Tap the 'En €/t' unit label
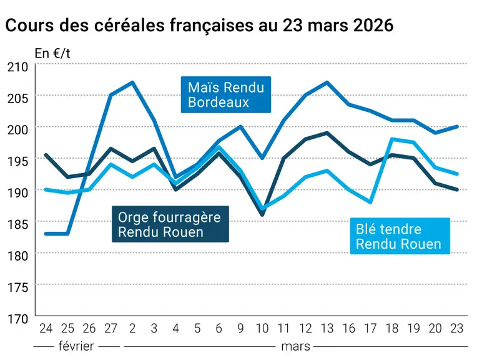tap(52, 54)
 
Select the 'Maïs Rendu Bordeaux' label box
tap(226, 94)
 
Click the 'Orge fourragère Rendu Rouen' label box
tap(170, 224)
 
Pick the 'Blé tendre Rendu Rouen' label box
tap(400, 236)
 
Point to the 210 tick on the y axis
tap(18, 67)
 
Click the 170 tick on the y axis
tap(18, 319)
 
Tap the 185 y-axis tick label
tap(18, 224)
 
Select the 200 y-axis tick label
tap(18, 129)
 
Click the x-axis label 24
tap(46, 329)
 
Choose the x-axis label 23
tap(457, 329)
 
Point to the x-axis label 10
tap(262, 329)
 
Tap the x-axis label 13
tap(327, 329)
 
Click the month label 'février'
tap(76, 346)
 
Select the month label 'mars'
tap(295, 346)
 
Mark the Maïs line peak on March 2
tap(132, 82)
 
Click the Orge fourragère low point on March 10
tap(262, 215)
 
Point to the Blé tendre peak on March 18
tap(392, 139)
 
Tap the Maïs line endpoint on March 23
tap(457, 126)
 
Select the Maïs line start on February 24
tap(46, 234)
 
